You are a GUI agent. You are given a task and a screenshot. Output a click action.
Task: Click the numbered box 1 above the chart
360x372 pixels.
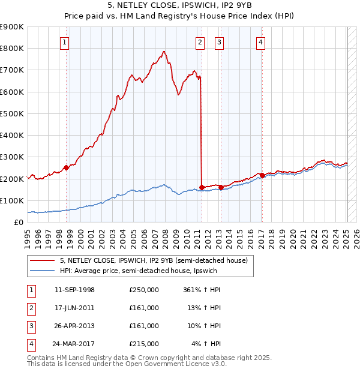(64, 42)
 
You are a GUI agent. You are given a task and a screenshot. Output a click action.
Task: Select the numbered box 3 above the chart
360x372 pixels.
(220, 42)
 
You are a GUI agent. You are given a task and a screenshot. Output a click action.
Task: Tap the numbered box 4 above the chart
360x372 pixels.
(261, 42)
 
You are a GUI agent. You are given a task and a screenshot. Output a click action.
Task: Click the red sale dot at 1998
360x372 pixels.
(67, 168)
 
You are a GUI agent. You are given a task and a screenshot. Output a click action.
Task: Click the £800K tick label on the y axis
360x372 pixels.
(12, 49)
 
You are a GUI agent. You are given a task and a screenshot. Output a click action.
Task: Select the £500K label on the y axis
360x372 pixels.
(12, 113)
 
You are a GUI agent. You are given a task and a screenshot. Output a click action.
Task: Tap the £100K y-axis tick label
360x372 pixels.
(12, 200)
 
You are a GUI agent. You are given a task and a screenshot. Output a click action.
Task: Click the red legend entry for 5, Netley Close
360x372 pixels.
(149, 260)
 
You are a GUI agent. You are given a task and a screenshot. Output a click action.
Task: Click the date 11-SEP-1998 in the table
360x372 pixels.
(74, 290)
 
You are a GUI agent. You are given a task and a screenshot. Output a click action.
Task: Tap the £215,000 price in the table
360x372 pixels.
(144, 344)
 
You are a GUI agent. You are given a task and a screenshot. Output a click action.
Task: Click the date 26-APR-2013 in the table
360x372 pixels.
(74, 326)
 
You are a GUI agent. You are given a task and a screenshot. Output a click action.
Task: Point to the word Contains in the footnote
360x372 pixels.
(41, 358)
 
